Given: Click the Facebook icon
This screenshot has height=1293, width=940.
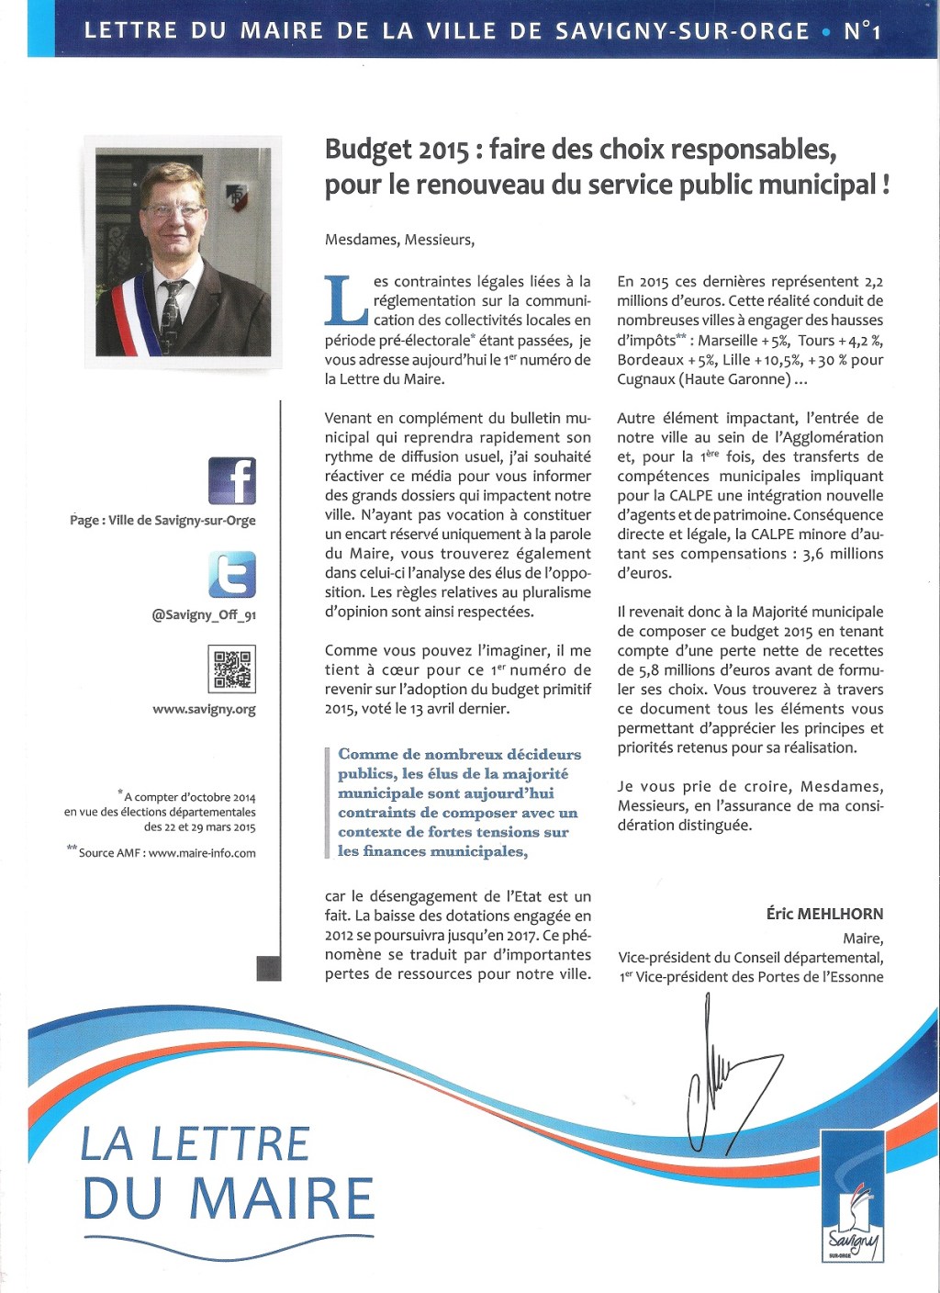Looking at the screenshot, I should click(232, 480).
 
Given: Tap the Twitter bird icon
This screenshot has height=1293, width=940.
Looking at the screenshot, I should click(232, 575).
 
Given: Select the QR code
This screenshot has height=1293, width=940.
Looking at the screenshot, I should click(232, 669).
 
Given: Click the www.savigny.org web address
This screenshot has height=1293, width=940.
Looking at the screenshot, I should click(204, 709).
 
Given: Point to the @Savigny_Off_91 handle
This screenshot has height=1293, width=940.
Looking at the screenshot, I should click(204, 614).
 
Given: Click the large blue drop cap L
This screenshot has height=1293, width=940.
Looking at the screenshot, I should click(347, 301).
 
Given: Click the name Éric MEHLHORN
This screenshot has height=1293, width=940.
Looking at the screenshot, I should click(824, 914).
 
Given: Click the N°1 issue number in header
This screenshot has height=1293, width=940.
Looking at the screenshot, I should click(862, 31).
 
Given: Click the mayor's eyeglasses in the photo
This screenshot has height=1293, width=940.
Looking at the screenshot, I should click(173, 210).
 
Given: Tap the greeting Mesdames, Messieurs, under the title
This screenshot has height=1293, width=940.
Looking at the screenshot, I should click(399, 240).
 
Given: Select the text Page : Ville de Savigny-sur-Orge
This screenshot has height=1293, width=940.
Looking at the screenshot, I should click(162, 520).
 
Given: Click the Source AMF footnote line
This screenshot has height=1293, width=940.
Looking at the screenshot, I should click(162, 852).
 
